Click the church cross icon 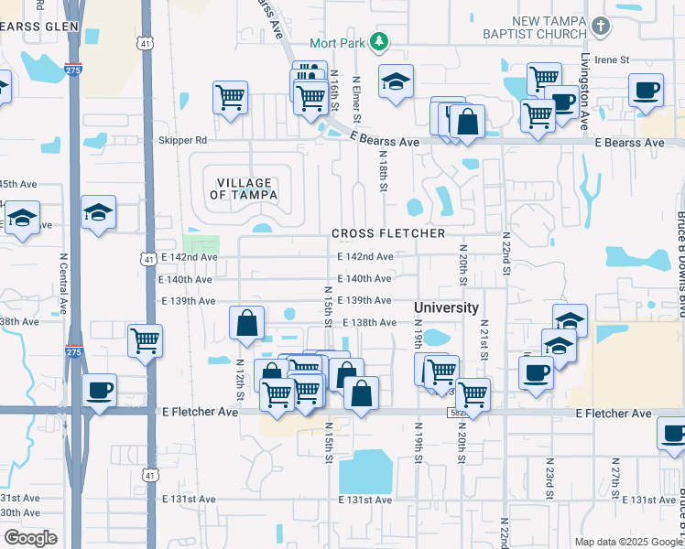tap(601, 27)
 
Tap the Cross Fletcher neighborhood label tap(388, 233)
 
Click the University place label tap(446, 307)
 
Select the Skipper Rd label tap(183, 141)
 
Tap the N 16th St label tap(335, 92)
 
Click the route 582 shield tap(458, 414)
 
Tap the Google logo tap(30, 538)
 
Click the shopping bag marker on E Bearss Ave tap(467, 124)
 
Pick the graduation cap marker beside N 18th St tap(396, 83)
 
